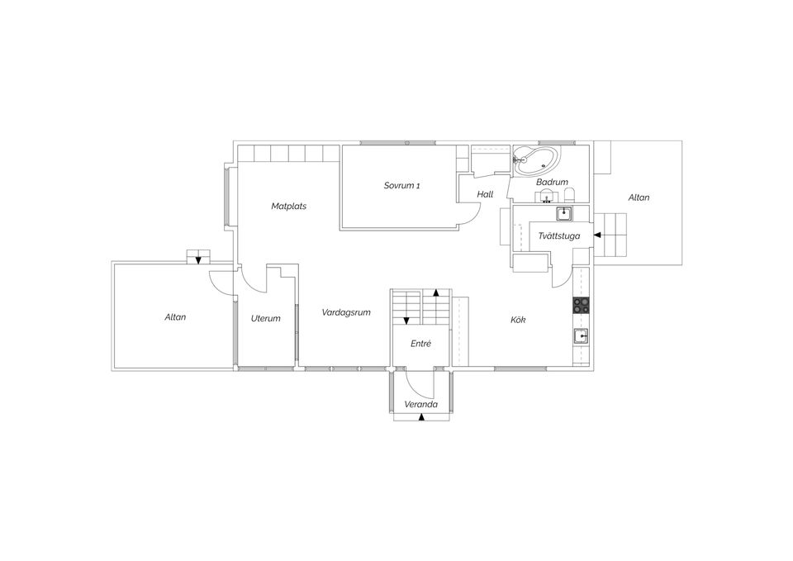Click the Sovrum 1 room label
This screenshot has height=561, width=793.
coord(401,186)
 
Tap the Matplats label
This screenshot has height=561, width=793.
coord(289,207)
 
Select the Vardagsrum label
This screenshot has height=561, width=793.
coord(346,312)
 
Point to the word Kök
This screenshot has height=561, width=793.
coord(518,320)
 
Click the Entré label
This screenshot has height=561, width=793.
coord(420,344)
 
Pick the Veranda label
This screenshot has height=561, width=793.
coord(420,405)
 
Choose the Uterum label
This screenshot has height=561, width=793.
coord(265,318)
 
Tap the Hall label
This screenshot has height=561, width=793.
coord(485,194)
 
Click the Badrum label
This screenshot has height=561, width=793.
coord(552,182)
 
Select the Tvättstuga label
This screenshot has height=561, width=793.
coord(559,236)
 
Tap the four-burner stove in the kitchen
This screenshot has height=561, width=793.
coord(581,305)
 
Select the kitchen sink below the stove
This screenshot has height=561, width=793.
coord(581,336)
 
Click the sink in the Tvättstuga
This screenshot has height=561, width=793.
coord(564,214)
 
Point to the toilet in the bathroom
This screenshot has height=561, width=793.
coord(569,195)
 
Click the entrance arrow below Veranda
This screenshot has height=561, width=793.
coord(421,417)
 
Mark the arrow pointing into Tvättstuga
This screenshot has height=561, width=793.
coord(597,235)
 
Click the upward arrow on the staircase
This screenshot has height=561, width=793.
coord(435,292)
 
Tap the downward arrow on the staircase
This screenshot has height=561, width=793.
coord(406,321)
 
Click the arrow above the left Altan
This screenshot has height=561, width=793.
coord(198,260)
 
